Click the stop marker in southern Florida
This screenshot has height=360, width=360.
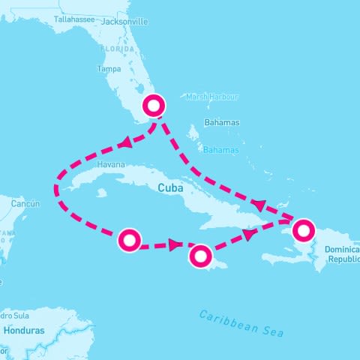point(154,106)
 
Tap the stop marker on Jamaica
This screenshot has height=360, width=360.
point(200,256)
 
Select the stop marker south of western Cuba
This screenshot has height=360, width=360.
point(129,240)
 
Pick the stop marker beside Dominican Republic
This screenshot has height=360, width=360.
point(303,229)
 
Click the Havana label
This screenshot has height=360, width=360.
point(111,164)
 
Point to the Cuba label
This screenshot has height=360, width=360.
point(171,188)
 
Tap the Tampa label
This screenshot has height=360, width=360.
point(109,69)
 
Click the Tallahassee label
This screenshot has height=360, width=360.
point(74,19)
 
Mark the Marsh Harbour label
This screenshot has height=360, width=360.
point(212,97)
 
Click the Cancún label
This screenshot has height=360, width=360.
point(25,203)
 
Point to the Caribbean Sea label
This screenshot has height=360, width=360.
point(241,322)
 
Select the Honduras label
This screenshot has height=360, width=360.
point(24,330)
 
